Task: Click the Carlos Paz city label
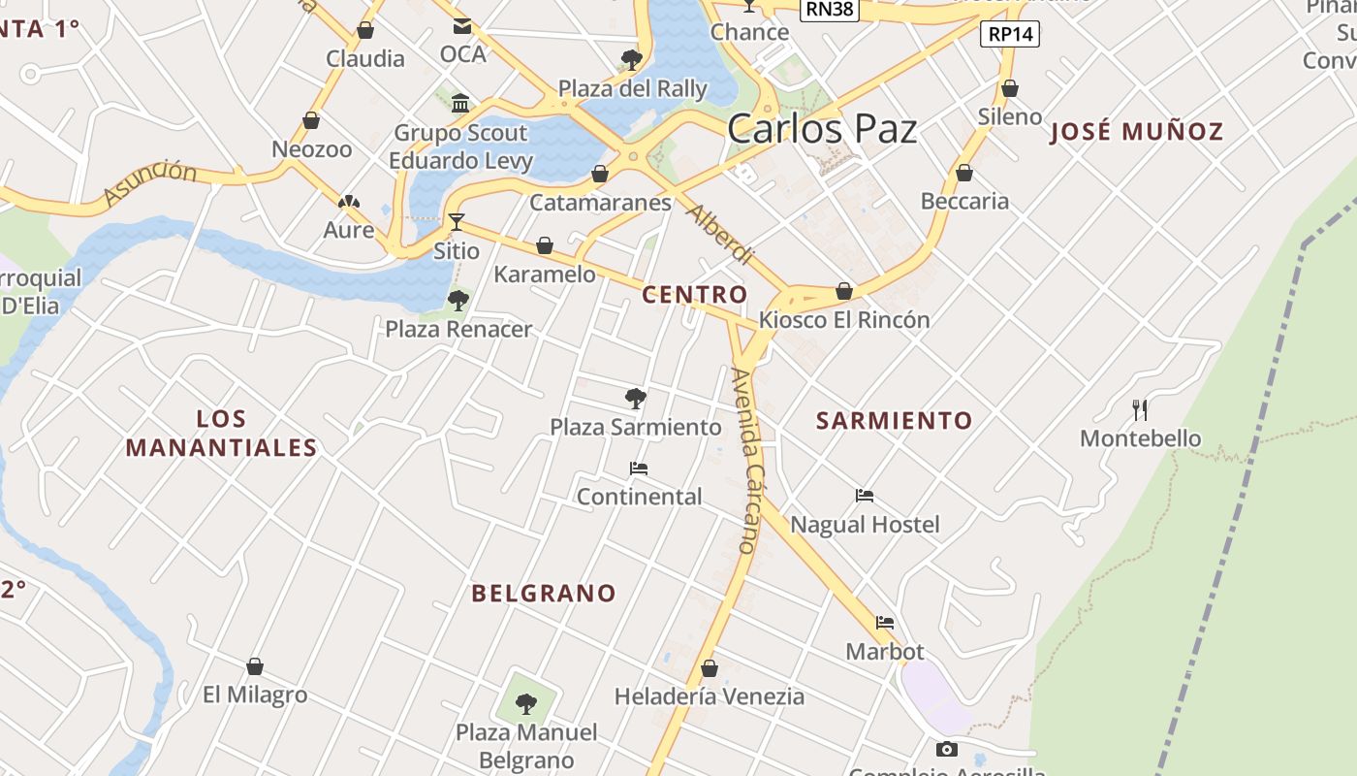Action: tap(822, 128)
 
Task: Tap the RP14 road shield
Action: tap(1010, 35)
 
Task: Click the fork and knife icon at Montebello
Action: tap(1140, 410)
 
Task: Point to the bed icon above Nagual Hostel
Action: tap(865, 496)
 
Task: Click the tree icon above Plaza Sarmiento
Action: tap(636, 398)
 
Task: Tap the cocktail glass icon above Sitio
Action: tap(456, 222)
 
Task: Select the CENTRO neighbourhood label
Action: tap(695, 295)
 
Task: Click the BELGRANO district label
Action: tap(544, 594)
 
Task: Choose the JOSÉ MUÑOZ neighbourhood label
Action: tap(1137, 132)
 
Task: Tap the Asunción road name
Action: tap(149, 182)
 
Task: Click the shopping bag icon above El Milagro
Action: tap(255, 666)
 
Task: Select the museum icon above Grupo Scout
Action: tap(460, 103)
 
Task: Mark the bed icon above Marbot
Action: tap(884, 623)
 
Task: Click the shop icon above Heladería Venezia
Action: tap(710, 668)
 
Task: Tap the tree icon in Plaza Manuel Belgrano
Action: tap(526, 703)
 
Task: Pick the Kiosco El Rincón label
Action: tap(844, 320)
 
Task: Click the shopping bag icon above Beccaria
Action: tap(964, 173)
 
